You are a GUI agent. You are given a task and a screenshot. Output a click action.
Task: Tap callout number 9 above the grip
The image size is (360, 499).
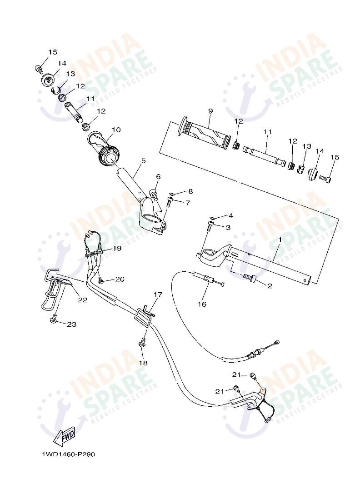210,111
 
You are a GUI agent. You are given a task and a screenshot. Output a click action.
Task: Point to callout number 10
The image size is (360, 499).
116,130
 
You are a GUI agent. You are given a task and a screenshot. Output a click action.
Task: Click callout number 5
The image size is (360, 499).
143,161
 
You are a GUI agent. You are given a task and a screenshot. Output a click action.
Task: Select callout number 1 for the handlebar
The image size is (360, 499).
280,239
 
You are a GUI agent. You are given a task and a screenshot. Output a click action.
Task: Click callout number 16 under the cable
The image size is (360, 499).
201,304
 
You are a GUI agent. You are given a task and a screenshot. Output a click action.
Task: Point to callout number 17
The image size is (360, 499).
157,294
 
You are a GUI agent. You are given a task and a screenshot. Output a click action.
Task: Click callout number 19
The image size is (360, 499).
117,248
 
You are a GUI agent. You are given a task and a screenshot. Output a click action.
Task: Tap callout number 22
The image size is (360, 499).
82,299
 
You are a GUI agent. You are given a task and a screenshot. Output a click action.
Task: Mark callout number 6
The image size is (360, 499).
158,177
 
